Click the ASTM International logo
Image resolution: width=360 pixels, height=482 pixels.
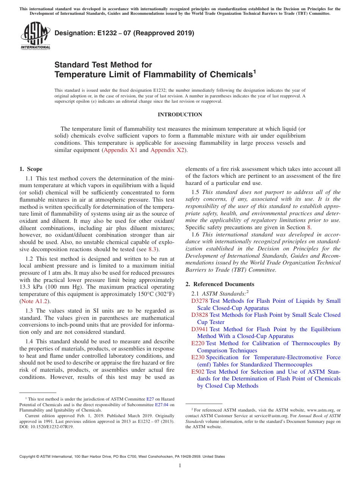(x=35, y=36)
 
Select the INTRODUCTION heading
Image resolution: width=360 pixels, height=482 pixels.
(x=180, y=114)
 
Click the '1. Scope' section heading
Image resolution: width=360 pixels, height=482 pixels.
(x=31, y=169)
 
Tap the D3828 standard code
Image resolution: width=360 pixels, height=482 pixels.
(x=199, y=315)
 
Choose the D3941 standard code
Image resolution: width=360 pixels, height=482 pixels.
(x=199, y=329)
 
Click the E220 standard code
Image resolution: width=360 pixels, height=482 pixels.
(x=197, y=343)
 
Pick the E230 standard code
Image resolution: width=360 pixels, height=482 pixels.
(x=197, y=357)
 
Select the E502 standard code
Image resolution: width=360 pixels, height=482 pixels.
(x=197, y=372)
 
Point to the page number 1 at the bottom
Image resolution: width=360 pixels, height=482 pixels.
(x=180, y=465)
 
